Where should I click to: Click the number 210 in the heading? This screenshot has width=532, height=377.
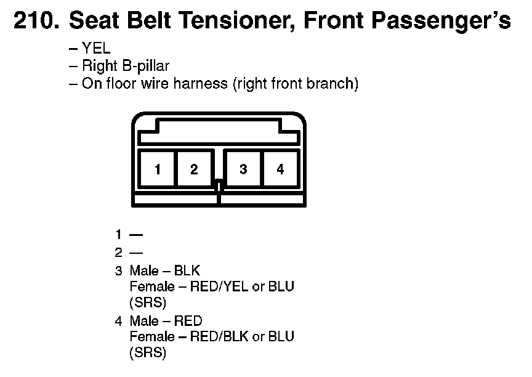[x=36, y=22]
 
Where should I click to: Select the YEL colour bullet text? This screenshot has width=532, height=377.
[x=95, y=50]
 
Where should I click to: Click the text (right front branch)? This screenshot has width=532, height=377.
[x=295, y=84]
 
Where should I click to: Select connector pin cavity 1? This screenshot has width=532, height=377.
[x=158, y=169]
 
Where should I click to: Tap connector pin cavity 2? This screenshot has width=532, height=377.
[x=194, y=169]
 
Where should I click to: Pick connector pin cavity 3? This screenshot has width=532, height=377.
[x=243, y=169]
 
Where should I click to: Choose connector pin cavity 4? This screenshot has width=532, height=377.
[x=280, y=169]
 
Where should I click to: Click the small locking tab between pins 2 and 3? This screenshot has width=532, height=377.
[x=219, y=184]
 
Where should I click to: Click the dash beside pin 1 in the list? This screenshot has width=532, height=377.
[x=136, y=235]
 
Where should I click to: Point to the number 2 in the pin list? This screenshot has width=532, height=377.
[x=118, y=253]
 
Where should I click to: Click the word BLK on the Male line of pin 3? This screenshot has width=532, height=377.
[x=187, y=270]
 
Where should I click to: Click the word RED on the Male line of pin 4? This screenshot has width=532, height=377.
[x=188, y=321]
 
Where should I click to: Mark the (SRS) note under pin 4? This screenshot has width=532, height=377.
[x=148, y=353]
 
